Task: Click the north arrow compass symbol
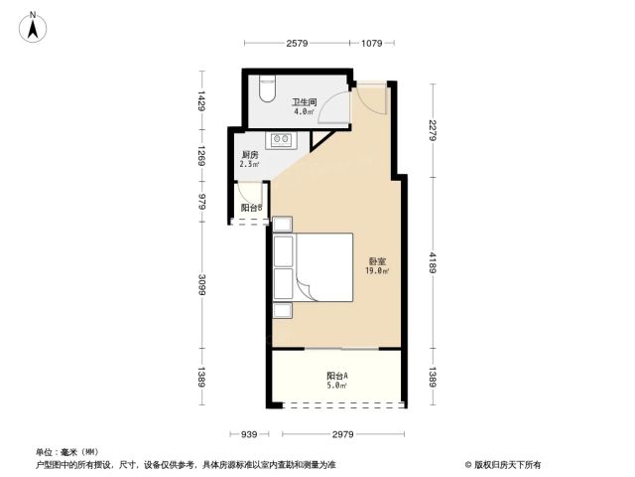pyautogui.click(x=33, y=27)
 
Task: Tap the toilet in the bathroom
pyautogui.click(x=267, y=88)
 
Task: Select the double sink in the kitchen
pyautogui.click(x=281, y=139)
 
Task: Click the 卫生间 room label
pyautogui.click(x=305, y=102)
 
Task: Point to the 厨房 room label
pyautogui.click(x=250, y=155)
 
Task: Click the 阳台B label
pyautogui.click(x=252, y=208)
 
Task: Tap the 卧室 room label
pyautogui.click(x=377, y=262)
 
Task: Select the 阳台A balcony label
pyautogui.click(x=337, y=376)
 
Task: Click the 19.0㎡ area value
pyautogui.click(x=377, y=271)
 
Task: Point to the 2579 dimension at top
pyautogui.click(x=298, y=43)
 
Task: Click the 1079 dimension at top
pyautogui.click(x=371, y=43)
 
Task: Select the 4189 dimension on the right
pyautogui.click(x=434, y=262)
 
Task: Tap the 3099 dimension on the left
pyautogui.click(x=201, y=285)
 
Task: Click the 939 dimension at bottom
pyautogui.click(x=249, y=434)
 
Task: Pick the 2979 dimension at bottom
pyautogui.click(x=343, y=434)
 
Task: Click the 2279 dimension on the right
pyautogui.click(x=434, y=130)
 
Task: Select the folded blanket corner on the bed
pyautogui.click(x=305, y=289)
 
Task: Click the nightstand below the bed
pyautogui.click(x=282, y=311)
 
